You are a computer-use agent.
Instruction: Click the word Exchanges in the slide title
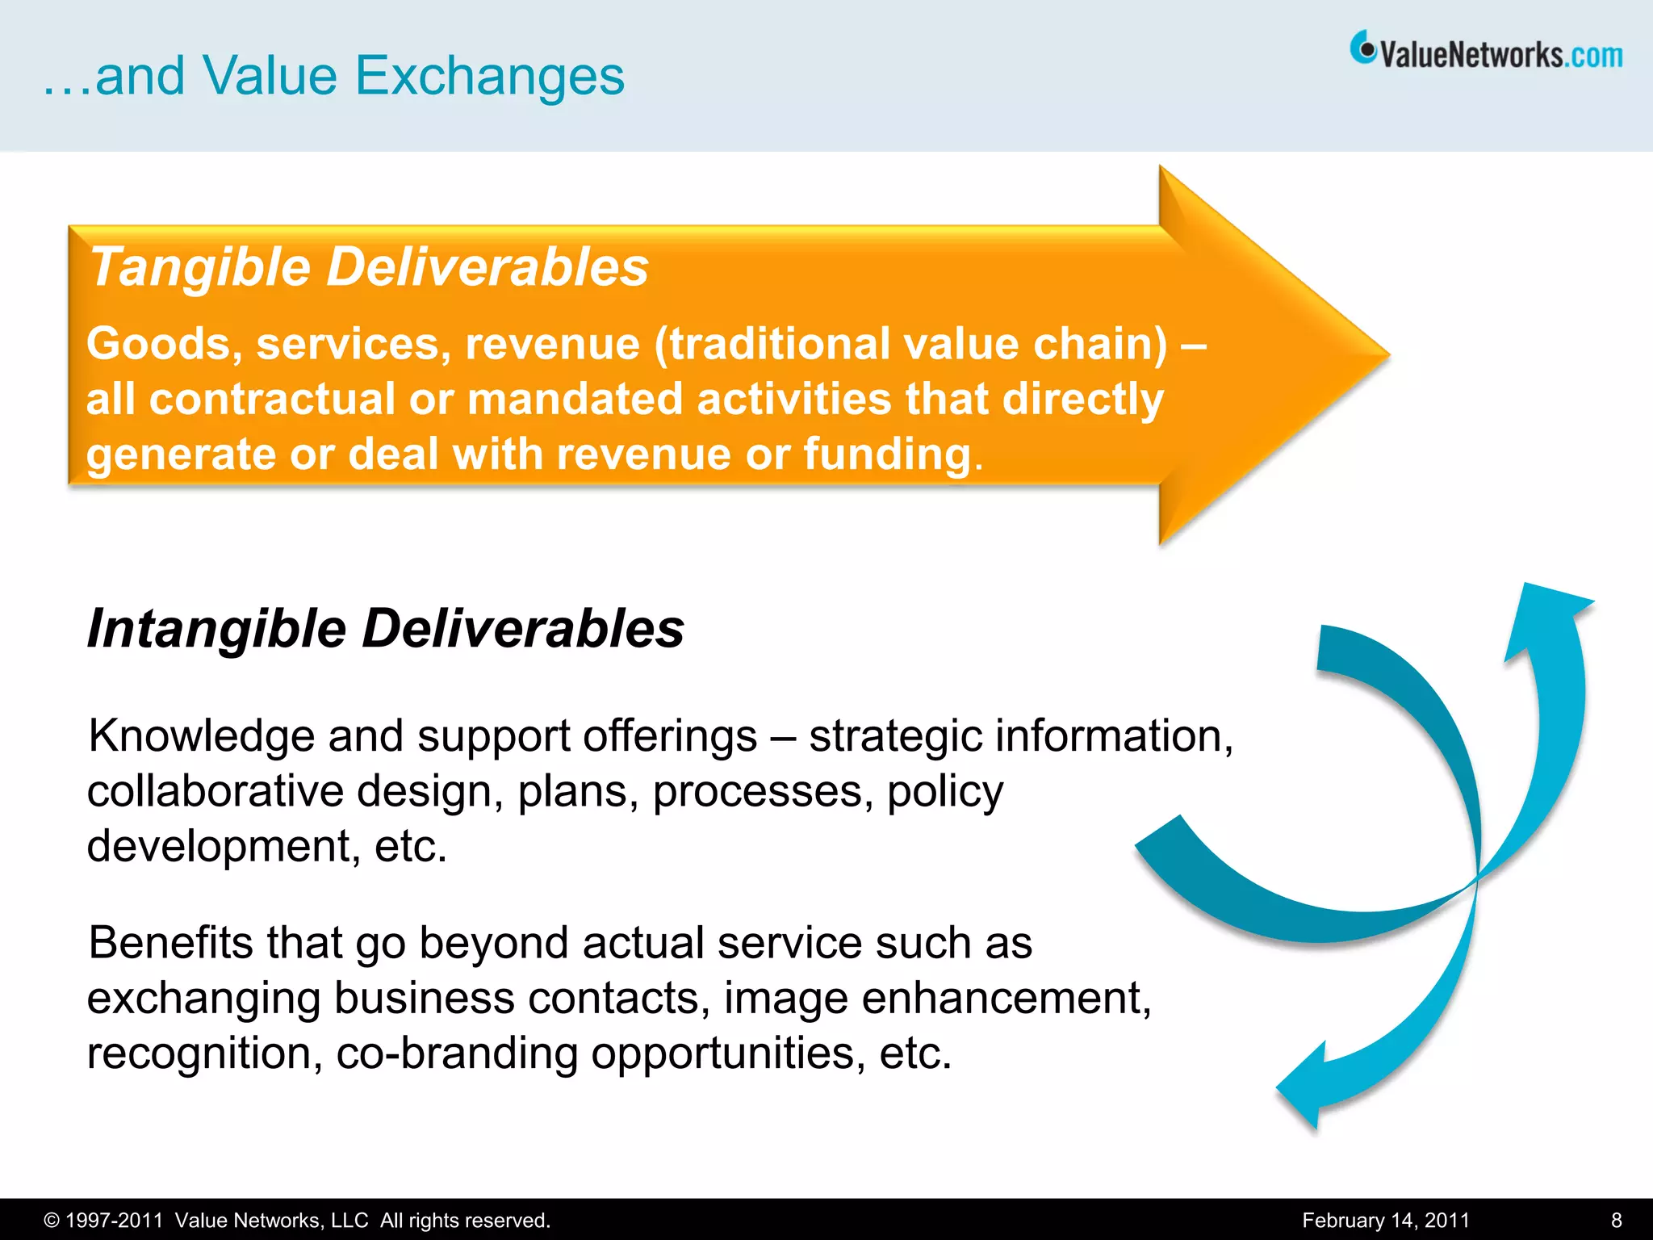(x=489, y=76)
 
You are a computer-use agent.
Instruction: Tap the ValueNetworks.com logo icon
(x=1362, y=49)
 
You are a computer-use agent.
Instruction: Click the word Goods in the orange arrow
(x=159, y=344)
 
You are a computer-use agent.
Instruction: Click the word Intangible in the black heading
(x=216, y=629)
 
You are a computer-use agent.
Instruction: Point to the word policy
(x=945, y=793)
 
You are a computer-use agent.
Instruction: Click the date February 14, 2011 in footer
(x=1385, y=1221)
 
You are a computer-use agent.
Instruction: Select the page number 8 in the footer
(x=1617, y=1221)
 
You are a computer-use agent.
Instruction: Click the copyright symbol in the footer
(x=51, y=1221)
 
